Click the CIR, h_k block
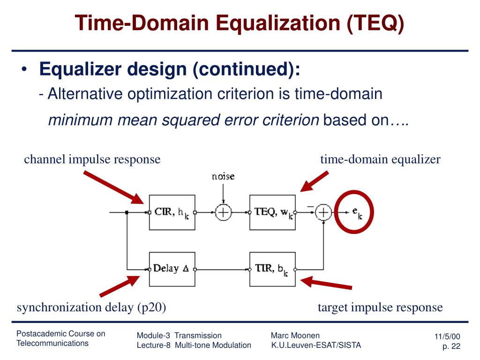pos(172,212)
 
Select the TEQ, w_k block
pos(272,212)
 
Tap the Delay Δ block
pos(172,269)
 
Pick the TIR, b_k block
pos(272,269)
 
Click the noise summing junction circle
pos(223,212)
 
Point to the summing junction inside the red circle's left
pos(323,212)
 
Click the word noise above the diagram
pos(223,177)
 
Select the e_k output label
pos(357,213)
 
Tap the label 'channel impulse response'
pos(92,159)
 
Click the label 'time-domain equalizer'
pos(380,159)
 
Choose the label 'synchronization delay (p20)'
pos(92,307)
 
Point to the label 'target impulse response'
pos(380,307)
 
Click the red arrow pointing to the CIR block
pos(113,187)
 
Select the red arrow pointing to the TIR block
pos(326,284)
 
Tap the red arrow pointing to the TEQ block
pos(314,181)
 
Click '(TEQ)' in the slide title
pos(375,23)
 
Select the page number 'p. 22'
pos(451,346)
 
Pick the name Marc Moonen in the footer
pos(295,335)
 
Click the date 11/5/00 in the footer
pos(448,337)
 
